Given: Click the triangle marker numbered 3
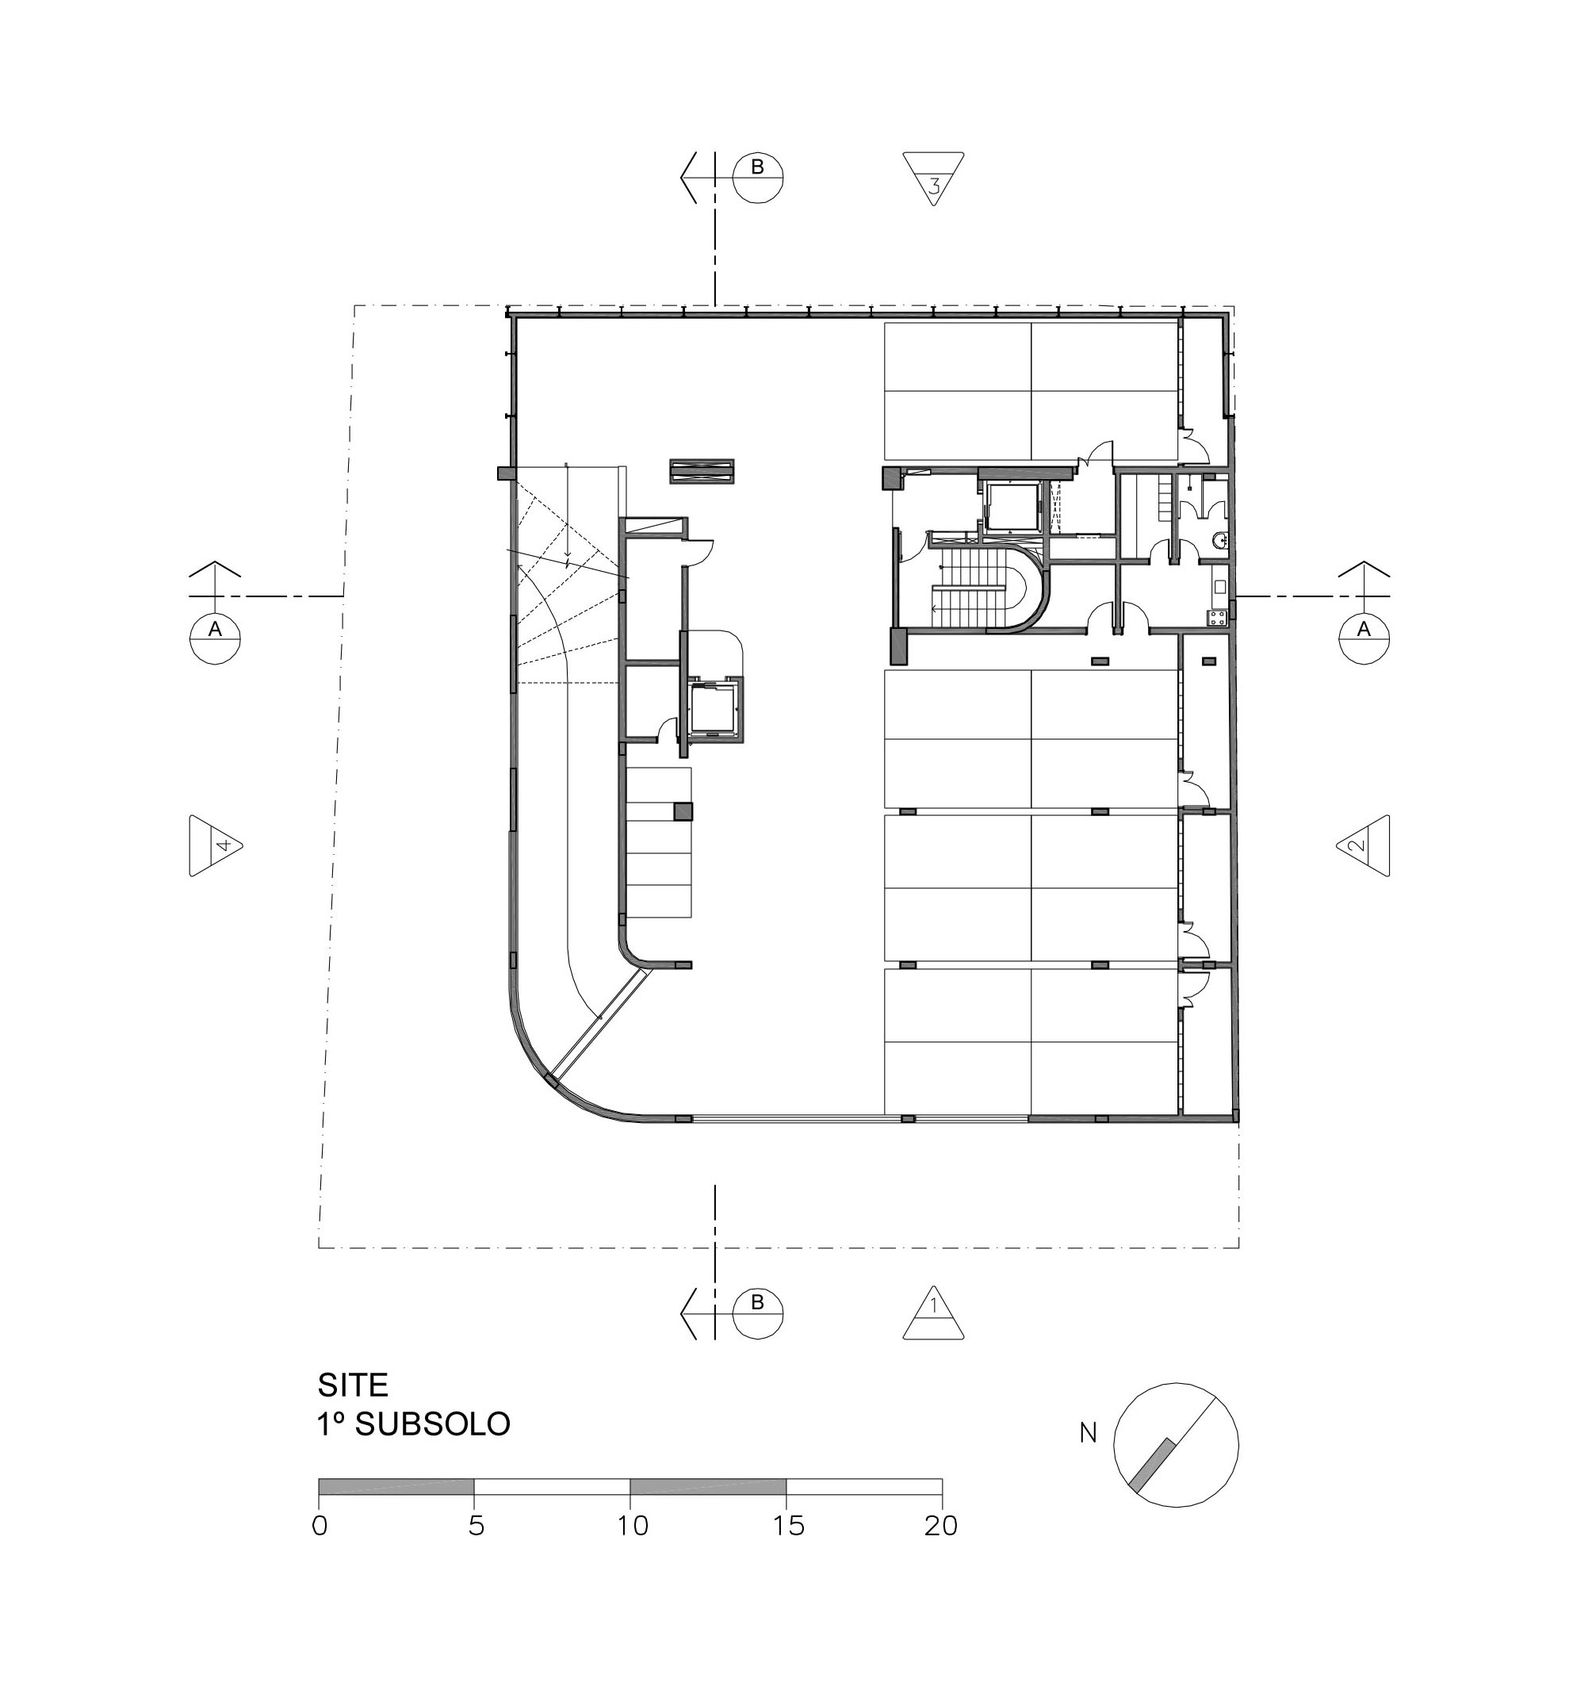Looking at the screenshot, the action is (x=933, y=178).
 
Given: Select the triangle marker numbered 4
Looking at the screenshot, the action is (x=216, y=845).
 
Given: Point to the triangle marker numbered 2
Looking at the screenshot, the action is (x=1363, y=845).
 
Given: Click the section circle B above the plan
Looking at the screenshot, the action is (x=757, y=178).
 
